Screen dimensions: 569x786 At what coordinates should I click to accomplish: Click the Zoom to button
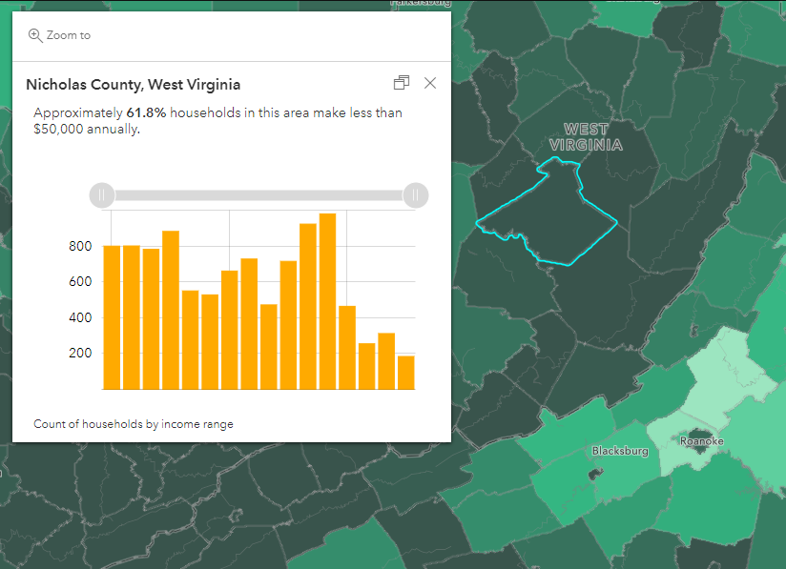[59, 35]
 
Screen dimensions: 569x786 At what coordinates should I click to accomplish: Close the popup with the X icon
[430, 83]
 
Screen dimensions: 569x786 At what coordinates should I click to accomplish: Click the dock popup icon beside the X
[402, 83]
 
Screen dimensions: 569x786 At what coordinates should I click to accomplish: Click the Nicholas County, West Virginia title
[133, 85]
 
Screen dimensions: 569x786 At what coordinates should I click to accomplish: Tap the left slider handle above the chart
[102, 195]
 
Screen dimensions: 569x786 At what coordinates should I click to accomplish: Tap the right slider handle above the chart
[415, 195]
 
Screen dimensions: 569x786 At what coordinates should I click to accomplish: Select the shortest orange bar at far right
[405, 373]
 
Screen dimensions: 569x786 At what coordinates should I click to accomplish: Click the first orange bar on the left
[112, 317]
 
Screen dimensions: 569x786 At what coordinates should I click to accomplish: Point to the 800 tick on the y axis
[80, 247]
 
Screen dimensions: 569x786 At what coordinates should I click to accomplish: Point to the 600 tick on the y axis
[80, 282]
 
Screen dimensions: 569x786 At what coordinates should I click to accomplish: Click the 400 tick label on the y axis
[80, 317]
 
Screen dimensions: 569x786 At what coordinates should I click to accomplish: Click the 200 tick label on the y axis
[80, 353]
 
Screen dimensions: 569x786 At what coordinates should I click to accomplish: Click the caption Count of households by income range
[133, 424]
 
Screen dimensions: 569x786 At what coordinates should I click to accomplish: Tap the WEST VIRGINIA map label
[587, 137]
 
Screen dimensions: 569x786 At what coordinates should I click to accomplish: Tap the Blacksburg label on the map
[620, 451]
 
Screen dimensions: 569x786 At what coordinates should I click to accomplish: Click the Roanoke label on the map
[701, 441]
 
